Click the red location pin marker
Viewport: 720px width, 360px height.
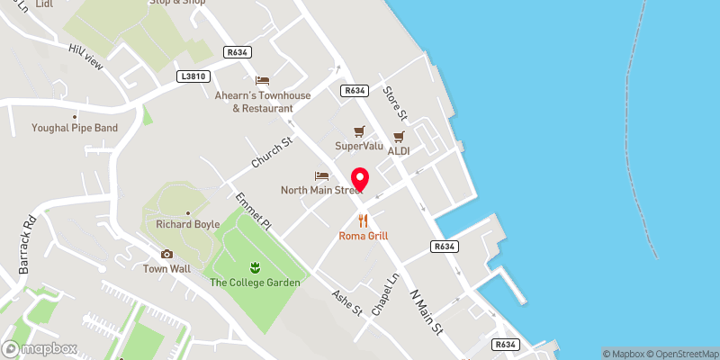tap(361, 179)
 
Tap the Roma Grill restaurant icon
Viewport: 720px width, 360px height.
tap(364, 220)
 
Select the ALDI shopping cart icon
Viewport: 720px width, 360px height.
tap(398, 136)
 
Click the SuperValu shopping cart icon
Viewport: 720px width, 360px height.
tap(359, 130)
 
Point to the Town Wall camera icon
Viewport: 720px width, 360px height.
tap(166, 254)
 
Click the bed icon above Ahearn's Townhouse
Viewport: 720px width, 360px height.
tap(262, 81)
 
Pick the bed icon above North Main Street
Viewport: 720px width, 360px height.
tap(321, 175)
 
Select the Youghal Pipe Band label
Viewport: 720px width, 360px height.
tap(75, 128)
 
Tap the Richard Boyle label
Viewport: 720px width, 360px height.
tap(187, 224)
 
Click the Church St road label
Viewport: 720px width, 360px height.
tap(272, 150)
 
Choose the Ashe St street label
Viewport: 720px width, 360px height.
tap(346, 302)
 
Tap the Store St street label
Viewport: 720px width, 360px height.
tap(396, 103)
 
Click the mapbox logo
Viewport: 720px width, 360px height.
tap(40, 348)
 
